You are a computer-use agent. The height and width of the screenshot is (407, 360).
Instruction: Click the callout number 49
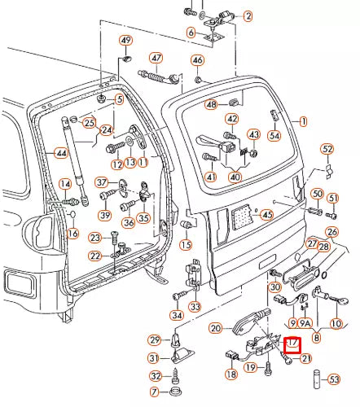pyautogui.click(x=125, y=40)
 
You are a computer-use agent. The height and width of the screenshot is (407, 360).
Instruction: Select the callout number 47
pyautogui.click(x=156, y=58)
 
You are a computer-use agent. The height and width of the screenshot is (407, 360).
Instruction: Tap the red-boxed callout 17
pyautogui.click(x=292, y=344)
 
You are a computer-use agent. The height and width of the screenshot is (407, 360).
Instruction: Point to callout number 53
pyautogui.click(x=334, y=379)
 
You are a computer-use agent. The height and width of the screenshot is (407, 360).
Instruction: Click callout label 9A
pyautogui.click(x=305, y=323)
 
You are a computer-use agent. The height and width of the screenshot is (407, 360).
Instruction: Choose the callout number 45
pyautogui.click(x=267, y=215)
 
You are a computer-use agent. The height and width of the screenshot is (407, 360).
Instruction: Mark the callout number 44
pyautogui.click(x=61, y=153)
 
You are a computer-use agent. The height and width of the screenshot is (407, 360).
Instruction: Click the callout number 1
pyautogui.click(x=303, y=121)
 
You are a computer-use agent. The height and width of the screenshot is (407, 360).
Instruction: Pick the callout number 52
pyautogui.click(x=327, y=149)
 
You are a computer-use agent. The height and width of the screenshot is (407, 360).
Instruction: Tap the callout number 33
pyautogui.click(x=195, y=307)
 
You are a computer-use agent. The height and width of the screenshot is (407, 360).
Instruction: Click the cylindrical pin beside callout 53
pyautogui.click(x=317, y=379)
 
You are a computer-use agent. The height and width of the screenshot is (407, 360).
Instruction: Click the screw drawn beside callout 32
pyautogui.click(x=176, y=376)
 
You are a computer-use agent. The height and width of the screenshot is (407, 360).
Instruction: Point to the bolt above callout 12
pyautogui.click(x=116, y=147)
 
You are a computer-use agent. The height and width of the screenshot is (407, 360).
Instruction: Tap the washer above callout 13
pyautogui.click(x=130, y=140)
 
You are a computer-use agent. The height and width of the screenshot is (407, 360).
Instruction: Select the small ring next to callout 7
pyautogui.click(x=175, y=392)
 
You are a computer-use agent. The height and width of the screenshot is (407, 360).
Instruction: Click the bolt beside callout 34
pyautogui.click(x=180, y=295)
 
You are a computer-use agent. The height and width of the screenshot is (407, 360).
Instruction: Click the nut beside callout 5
pyautogui.click(x=102, y=98)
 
